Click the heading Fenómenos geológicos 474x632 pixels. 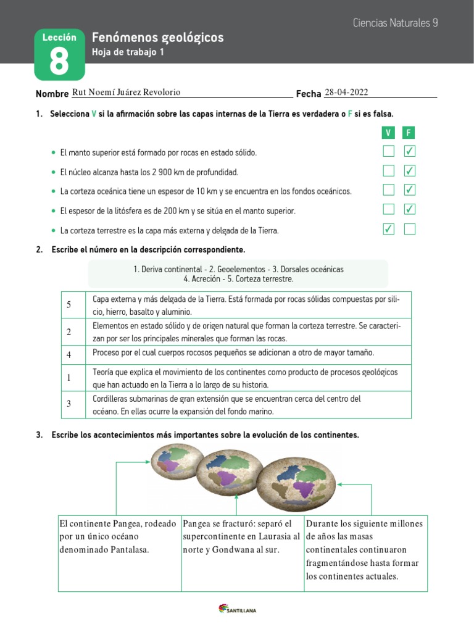157,38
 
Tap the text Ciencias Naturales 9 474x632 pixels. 395,23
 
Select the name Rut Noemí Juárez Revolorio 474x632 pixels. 127,92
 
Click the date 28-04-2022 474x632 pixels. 346,92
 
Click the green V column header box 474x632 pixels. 388,133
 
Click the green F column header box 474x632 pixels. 409,133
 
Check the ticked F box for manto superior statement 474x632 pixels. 409,151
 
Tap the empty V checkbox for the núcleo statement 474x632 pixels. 388,171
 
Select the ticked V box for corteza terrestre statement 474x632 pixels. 388,230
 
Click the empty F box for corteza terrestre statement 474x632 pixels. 409,230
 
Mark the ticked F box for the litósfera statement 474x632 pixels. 409,210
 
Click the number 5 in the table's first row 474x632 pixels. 69,305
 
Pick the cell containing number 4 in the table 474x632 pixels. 69,355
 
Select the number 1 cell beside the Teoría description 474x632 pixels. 69,377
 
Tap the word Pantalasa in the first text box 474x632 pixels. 128,549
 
